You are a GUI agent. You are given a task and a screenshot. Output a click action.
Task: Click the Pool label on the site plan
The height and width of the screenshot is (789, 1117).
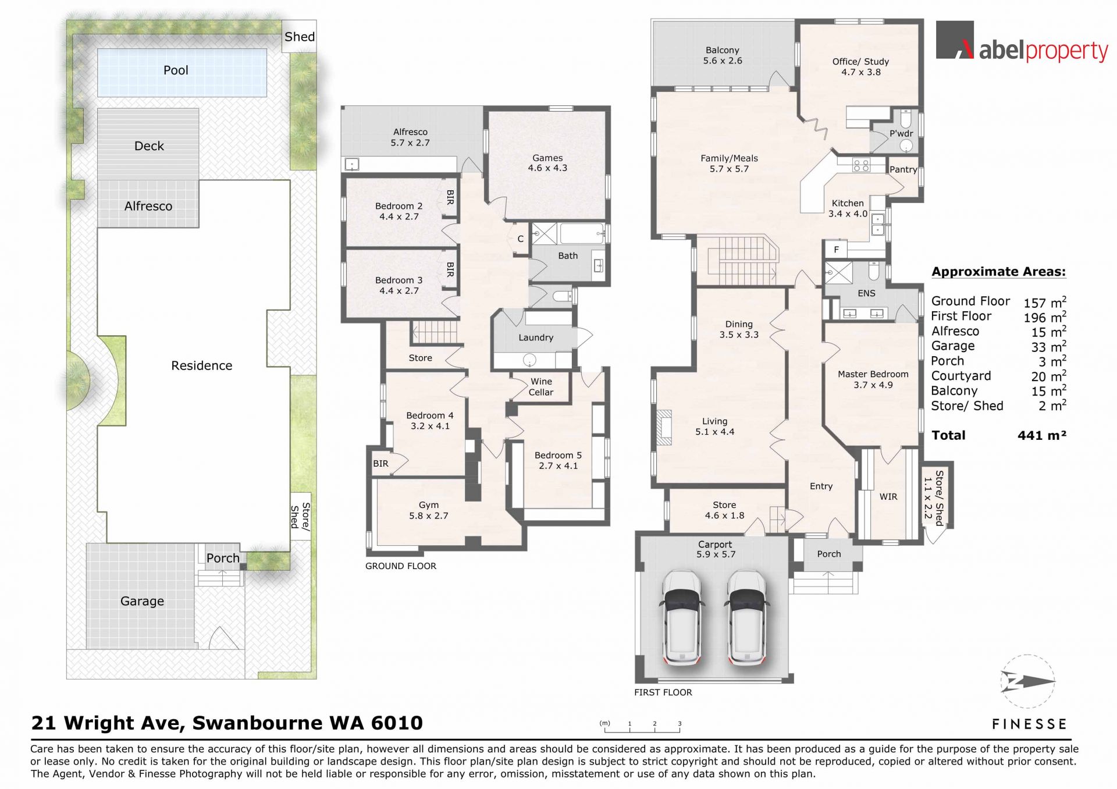pos(176,70)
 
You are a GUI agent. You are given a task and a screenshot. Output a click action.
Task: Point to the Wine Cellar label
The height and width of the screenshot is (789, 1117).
pos(541,387)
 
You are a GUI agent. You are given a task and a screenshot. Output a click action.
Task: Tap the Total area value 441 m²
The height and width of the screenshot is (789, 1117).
pos(1042,435)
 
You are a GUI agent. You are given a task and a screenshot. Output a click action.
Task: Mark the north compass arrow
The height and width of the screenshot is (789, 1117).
pos(1028,681)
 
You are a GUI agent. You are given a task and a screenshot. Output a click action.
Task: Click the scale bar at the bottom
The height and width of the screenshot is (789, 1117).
pos(642,727)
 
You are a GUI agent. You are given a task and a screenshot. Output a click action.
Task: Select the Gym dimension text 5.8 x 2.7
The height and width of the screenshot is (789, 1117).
pos(429,516)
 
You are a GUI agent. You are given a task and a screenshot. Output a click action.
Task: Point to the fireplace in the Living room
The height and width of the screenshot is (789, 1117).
pos(664,427)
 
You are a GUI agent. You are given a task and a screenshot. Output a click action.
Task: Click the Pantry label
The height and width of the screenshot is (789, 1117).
pos(903,169)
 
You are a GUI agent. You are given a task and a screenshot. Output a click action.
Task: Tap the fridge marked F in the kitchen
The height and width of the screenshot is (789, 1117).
pos(837,250)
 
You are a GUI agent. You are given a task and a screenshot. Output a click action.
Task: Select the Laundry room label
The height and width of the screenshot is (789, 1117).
pos(536,337)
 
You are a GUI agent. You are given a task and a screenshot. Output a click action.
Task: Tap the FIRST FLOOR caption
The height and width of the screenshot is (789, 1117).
pos(663,692)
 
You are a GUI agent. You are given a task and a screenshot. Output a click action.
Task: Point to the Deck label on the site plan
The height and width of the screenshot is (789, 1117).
pos(149,146)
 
